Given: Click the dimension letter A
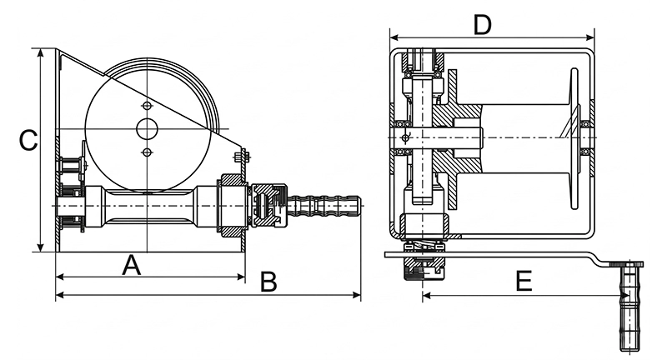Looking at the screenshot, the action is point(132,265).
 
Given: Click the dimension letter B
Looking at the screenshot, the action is point(268,282).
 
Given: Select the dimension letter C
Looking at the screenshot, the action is point(28,140).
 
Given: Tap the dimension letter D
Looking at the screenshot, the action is point(483,25).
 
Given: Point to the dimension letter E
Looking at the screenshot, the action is point(524,281).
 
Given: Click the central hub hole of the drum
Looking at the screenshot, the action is point(148,129).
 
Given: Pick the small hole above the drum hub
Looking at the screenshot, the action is point(148,106).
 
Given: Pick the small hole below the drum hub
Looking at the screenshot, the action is point(148,152).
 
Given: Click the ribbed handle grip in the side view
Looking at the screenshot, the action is point(323,205).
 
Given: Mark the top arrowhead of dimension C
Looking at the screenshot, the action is point(41,52).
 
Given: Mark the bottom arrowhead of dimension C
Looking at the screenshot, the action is point(41,247).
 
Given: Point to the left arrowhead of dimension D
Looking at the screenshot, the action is point(394,37).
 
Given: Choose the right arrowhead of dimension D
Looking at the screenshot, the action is point(589,37).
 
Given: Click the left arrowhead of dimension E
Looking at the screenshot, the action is point(427,295).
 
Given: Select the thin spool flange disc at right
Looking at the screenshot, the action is point(574,138).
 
